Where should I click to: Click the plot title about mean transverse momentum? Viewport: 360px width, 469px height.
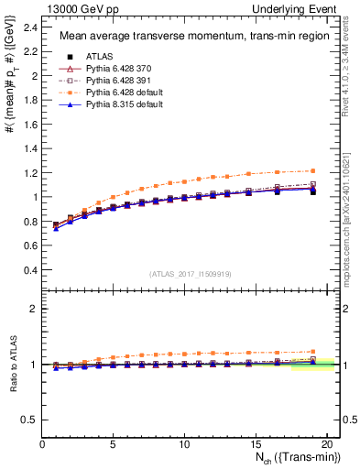(x=180, y=36)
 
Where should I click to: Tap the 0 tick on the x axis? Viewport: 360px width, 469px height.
(x=42, y=444)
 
